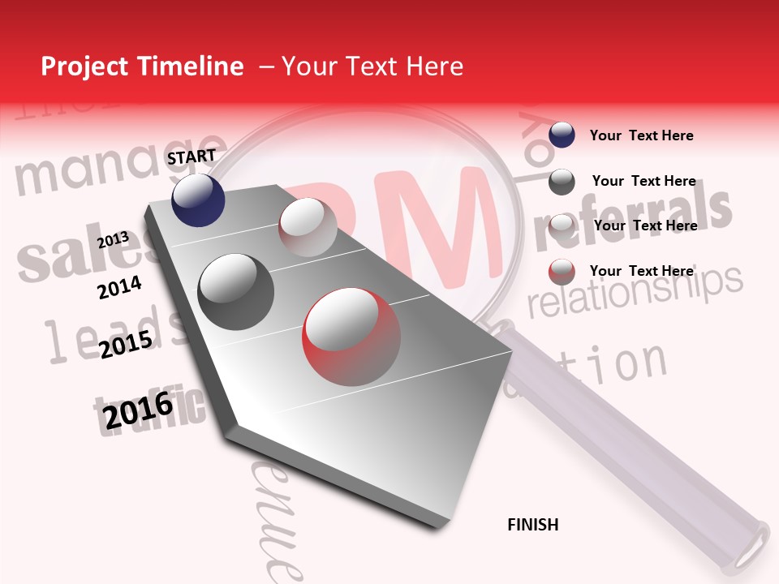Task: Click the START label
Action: point(192,157)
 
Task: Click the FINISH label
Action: point(533,525)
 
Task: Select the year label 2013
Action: point(114,240)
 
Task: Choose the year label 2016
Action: point(139,411)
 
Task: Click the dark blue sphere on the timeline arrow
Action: point(198,200)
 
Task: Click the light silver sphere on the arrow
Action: point(308,227)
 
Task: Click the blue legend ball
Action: point(562,135)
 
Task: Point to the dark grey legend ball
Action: point(562,182)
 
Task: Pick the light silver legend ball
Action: point(562,226)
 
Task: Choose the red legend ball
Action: point(562,272)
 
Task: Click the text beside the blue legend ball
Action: point(641,135)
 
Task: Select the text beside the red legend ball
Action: point(641,271)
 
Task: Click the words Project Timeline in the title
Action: point(142,67)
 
